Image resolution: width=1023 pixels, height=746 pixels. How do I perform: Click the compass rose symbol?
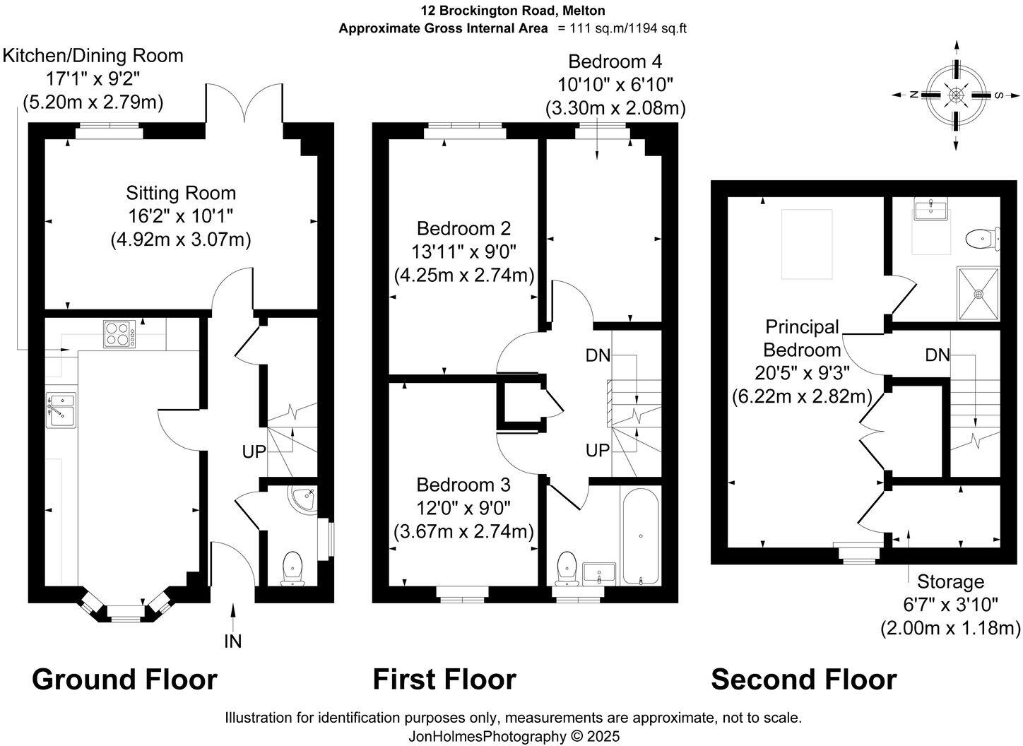click(x=956, y=95)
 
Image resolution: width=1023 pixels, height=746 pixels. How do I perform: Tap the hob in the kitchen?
click(x=119, y=334)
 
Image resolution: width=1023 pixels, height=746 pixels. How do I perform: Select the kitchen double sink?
click(x=61, y=410)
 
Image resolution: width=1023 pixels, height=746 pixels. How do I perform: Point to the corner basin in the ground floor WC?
click(x=304, y=499)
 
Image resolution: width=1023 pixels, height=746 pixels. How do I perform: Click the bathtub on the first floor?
click(x=641, y=535)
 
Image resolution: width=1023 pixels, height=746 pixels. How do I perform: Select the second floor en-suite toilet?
click(x=983, y=238)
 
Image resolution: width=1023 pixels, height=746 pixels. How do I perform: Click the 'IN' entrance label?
click(x=232, y=641)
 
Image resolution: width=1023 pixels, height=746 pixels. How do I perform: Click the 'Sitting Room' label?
click(x=181, y=193)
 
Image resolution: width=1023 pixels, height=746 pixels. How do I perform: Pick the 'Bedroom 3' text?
click(x=463, y=485)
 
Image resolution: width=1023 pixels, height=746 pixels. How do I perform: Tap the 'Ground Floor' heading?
click(x=124, y=680)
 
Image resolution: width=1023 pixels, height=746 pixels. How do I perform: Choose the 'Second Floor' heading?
click(x=803, y=680)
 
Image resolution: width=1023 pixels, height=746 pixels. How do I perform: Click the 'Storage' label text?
click(x=950, y=582)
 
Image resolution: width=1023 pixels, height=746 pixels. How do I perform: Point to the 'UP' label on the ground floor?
click(x=254, y=451)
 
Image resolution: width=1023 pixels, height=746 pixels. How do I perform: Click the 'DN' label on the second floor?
click(x=938, y=355)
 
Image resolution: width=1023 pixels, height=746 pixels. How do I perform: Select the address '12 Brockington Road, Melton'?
click(x=512, y=11)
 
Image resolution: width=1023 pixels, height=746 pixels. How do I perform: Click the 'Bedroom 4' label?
click(x=615, y=61)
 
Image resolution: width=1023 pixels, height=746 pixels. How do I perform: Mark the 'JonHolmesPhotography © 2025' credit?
click(x=514, y=736)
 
